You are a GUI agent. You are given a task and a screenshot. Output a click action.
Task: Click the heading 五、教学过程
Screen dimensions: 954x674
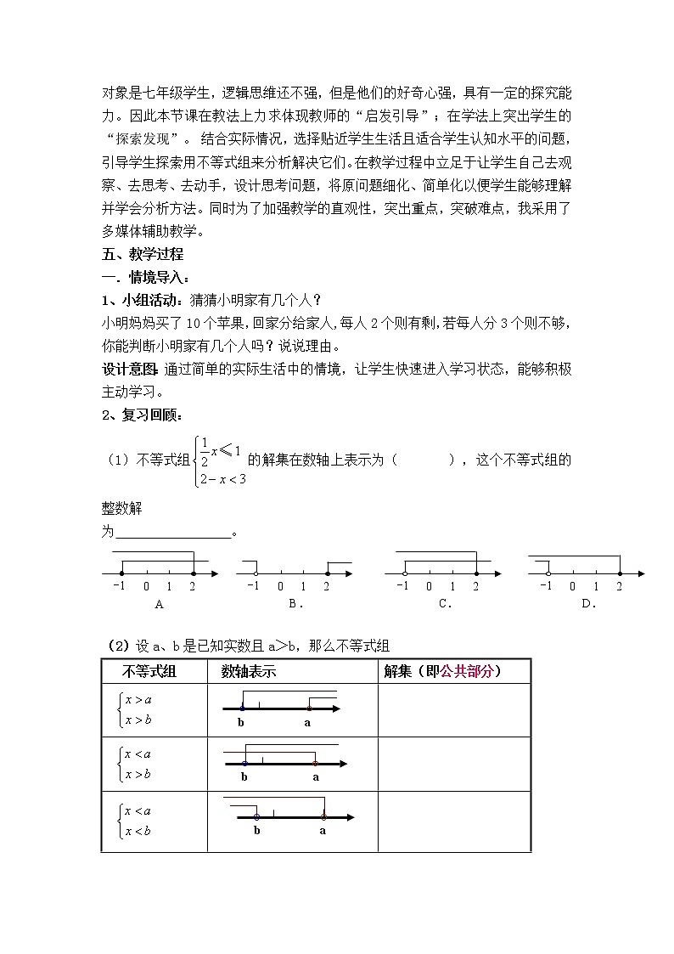click(142, 254)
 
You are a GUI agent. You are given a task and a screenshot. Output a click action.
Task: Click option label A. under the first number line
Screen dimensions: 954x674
click(159, 604)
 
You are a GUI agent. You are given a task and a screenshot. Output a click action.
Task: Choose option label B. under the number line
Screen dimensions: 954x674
click(295, 604)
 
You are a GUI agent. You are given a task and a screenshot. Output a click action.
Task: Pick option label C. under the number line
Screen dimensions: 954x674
click(445, 604)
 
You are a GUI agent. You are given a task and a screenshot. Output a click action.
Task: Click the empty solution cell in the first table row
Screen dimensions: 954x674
click(453, 709)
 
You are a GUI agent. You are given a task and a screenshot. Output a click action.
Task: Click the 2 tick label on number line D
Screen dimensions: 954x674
click(619, 586)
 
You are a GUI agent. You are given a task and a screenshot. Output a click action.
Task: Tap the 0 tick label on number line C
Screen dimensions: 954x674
click(429, 586)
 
